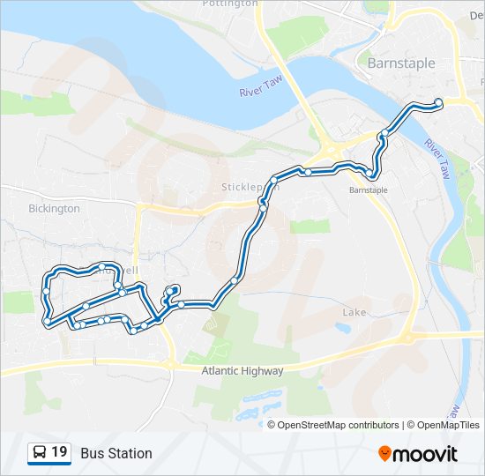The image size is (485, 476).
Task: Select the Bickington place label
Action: click(x=54, y=209)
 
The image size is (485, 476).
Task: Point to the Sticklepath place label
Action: click(x=250, y=187)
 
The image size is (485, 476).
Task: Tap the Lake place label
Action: click(x=354, y=312)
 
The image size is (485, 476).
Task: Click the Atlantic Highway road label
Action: click(x=242, y=371)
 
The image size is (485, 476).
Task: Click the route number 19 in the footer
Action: click(x=59, y=452)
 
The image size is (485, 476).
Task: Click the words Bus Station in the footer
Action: click(x=116, y=453)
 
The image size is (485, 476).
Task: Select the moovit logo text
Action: click(x=425, y=453)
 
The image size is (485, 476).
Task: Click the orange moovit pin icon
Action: click(x=385, y=453)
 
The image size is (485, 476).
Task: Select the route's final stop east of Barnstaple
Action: click(x=438, y=100)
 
